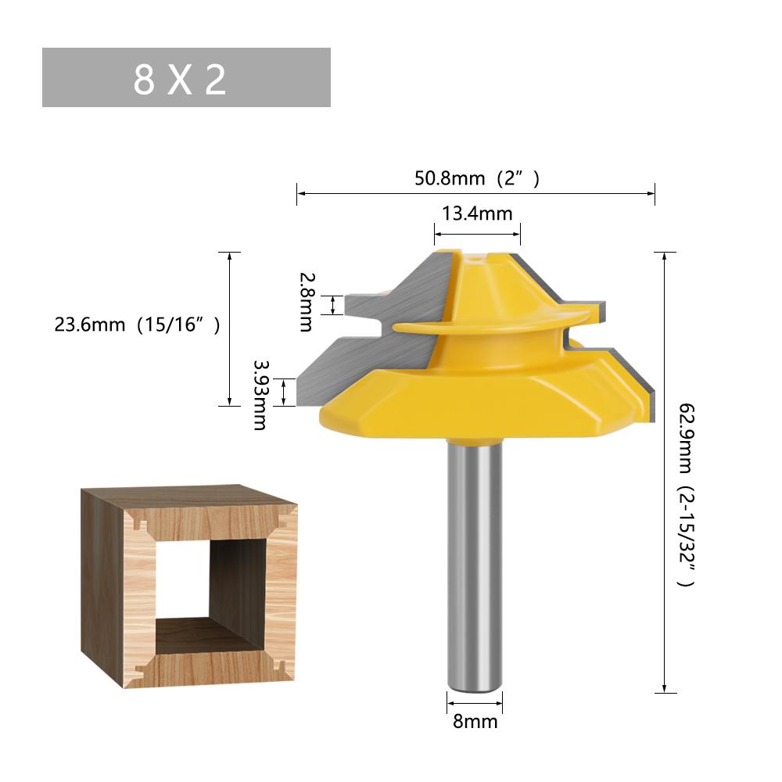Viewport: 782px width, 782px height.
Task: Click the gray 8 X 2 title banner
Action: (x=186, y=77)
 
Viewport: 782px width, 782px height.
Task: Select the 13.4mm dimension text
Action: (x=477, y=213)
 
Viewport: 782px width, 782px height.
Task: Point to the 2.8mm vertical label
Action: (x=305, y=302)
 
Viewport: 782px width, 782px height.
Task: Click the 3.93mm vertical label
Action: (x=260, y=394)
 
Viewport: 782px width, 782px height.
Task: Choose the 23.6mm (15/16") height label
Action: (x=138, y=324)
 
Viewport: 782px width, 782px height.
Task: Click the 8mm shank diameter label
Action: (x=475, y=721)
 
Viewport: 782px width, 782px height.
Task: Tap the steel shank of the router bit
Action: (x=474, y=563)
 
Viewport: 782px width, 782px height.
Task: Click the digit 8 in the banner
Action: (x=144, y=79)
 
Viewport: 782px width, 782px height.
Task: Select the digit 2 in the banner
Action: (x=215, y=79)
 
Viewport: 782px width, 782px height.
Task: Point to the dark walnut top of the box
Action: (x=188, y=494)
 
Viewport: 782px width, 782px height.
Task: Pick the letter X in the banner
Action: (x=180, y=79)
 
